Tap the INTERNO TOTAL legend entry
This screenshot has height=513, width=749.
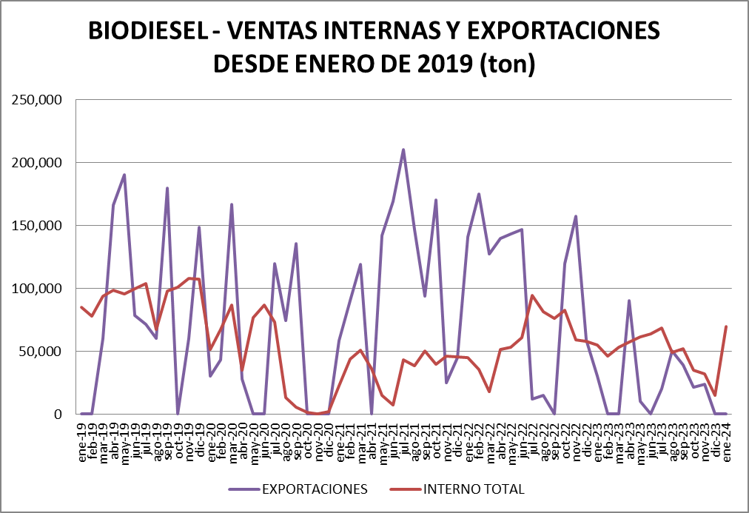click(x=474, y=489)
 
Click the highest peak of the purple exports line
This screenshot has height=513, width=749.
click(x=403, y=150)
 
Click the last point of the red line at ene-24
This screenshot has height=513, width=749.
click(x=726, y=326)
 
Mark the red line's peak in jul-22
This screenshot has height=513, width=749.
click(x=532, y=295)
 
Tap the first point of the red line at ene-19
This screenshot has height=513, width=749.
click(x=81, y=307)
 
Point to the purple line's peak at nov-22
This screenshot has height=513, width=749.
click(x=576, y=216)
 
